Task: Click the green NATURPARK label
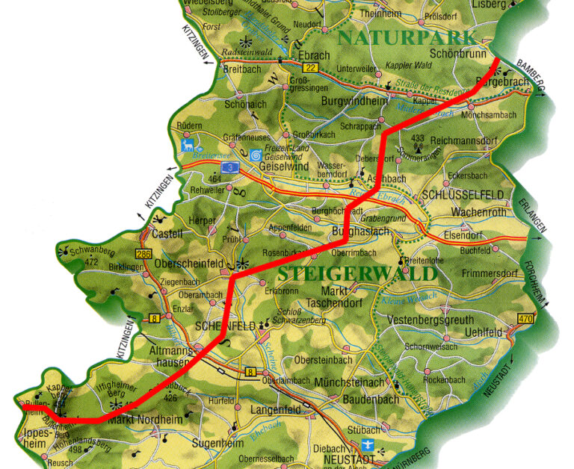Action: pyautogui.click(x=407, y=38)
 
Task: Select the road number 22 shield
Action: pyautogui.click(x=311, y=68)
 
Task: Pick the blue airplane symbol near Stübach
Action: pyautogui.click(x=384, y=450)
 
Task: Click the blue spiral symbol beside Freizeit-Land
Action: pyautogui.click(x=256, y=155)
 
